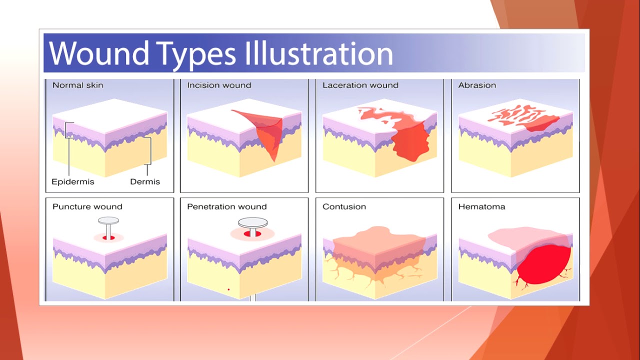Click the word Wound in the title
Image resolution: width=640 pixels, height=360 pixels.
(x=99, y=53)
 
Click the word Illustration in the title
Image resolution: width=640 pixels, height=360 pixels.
(x=319, y=53)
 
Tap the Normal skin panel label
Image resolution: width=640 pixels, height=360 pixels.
(x=77, y=85)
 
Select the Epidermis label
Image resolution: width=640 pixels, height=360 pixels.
(x=73, y=181)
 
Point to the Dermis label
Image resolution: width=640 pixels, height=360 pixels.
(x=145, y=181)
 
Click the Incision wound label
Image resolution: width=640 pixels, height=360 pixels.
(x=219, y=85)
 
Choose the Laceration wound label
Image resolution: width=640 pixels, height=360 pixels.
(x=360, y=85)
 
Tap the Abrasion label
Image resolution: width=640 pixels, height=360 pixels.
(x=477, y=85)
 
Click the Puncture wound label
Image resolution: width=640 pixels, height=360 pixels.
(x=87, y=206)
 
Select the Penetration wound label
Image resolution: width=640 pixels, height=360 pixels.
(x=227, y=206)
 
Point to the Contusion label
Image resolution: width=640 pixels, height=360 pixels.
(x=344, y=206)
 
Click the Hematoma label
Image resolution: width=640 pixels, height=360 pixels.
(x=481, y=206)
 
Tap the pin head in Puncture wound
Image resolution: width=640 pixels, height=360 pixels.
(x=108, y=220)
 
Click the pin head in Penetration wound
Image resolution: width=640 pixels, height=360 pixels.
(x=253, y=223)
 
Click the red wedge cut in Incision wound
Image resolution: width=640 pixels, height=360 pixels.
(x=264, y=131)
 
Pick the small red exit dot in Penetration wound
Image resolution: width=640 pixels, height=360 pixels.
(x=228, y=289)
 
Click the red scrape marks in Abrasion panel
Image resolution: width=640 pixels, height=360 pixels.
(x=523, y=117)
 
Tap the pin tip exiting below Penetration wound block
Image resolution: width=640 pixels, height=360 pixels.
(x=253, y=298)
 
